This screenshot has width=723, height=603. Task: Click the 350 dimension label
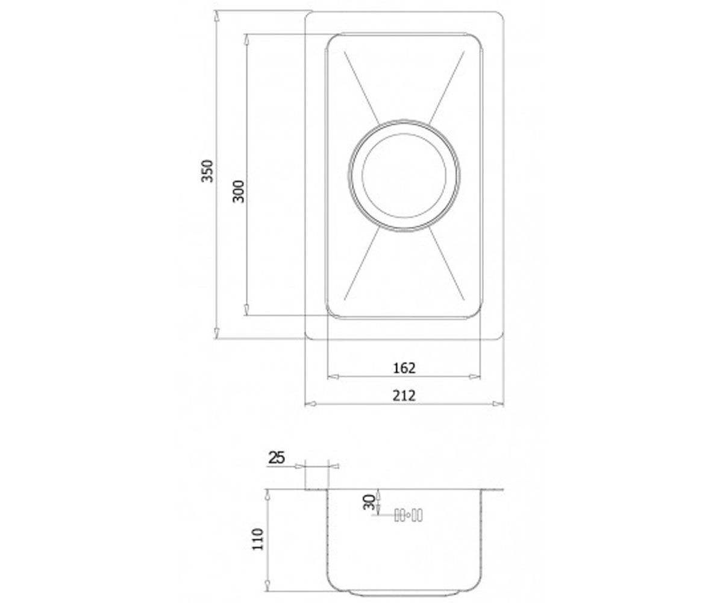(208, 171)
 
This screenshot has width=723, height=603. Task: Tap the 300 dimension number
(238, 191)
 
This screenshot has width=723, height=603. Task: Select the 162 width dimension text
(404, 368)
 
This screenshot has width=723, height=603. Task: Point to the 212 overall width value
(404, 396)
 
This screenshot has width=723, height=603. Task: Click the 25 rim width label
(277, 458)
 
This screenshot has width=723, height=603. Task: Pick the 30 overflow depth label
(369, 502)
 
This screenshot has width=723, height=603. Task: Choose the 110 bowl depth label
(258, 539)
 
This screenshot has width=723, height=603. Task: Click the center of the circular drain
(404, 175)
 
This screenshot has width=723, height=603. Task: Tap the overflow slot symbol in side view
(408, 516)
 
